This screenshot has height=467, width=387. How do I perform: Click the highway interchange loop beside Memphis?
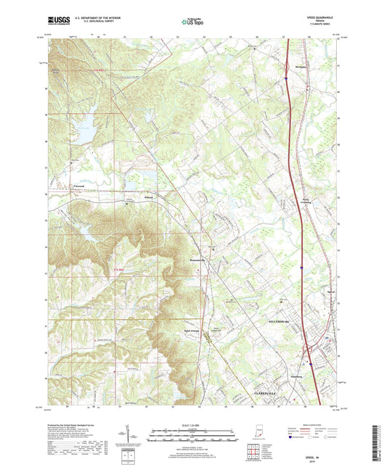point(288,65)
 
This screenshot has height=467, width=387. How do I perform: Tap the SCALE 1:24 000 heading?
point(193,424)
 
